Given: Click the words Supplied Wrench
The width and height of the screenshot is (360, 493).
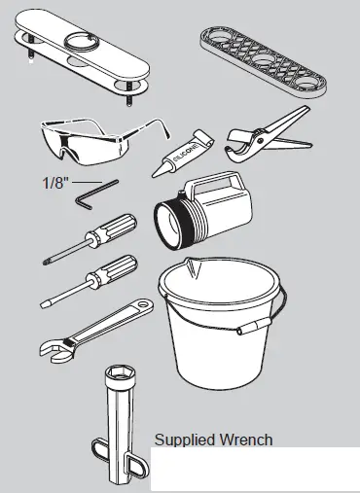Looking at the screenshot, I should (213, 440).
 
